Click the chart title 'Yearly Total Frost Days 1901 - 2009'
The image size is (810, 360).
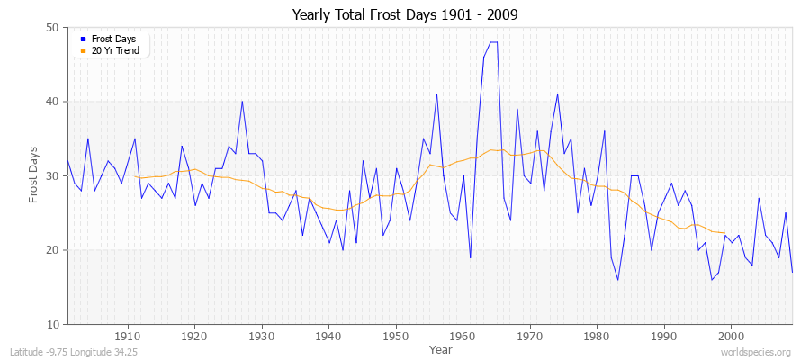[405, 15]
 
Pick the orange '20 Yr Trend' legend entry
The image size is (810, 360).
[113, 50]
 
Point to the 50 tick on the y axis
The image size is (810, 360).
[52, 28]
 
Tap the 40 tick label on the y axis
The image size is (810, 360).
[52, 102]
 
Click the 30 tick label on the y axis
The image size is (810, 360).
[52, 175]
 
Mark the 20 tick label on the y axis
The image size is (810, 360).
[52, 250]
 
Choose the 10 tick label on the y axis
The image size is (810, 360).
[52, 324]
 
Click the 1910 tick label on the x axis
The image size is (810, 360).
[127, 336]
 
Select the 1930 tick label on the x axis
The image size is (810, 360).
[261, 336]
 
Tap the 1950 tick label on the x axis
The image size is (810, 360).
[395, 336]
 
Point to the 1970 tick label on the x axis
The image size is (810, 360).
[529, 336]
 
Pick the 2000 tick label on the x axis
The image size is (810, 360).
[731, 336]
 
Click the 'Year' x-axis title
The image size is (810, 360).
[441, 348]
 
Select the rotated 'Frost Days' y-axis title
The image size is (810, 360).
[34, 175]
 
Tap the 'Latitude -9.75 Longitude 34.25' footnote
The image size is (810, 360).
[72, 351]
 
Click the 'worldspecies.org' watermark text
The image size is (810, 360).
[759, 351]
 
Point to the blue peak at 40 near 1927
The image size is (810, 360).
[242, 102]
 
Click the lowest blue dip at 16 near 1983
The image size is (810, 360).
[617, 280]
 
